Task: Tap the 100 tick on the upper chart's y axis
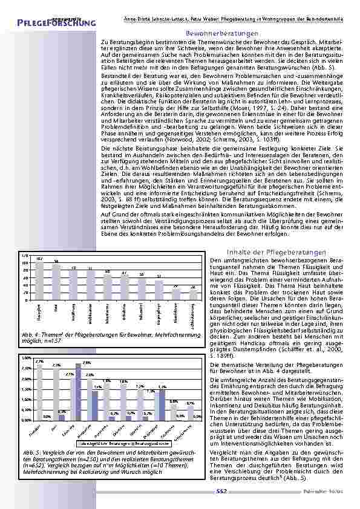tap(25, 264)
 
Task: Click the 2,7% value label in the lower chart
tap(39, 361)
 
